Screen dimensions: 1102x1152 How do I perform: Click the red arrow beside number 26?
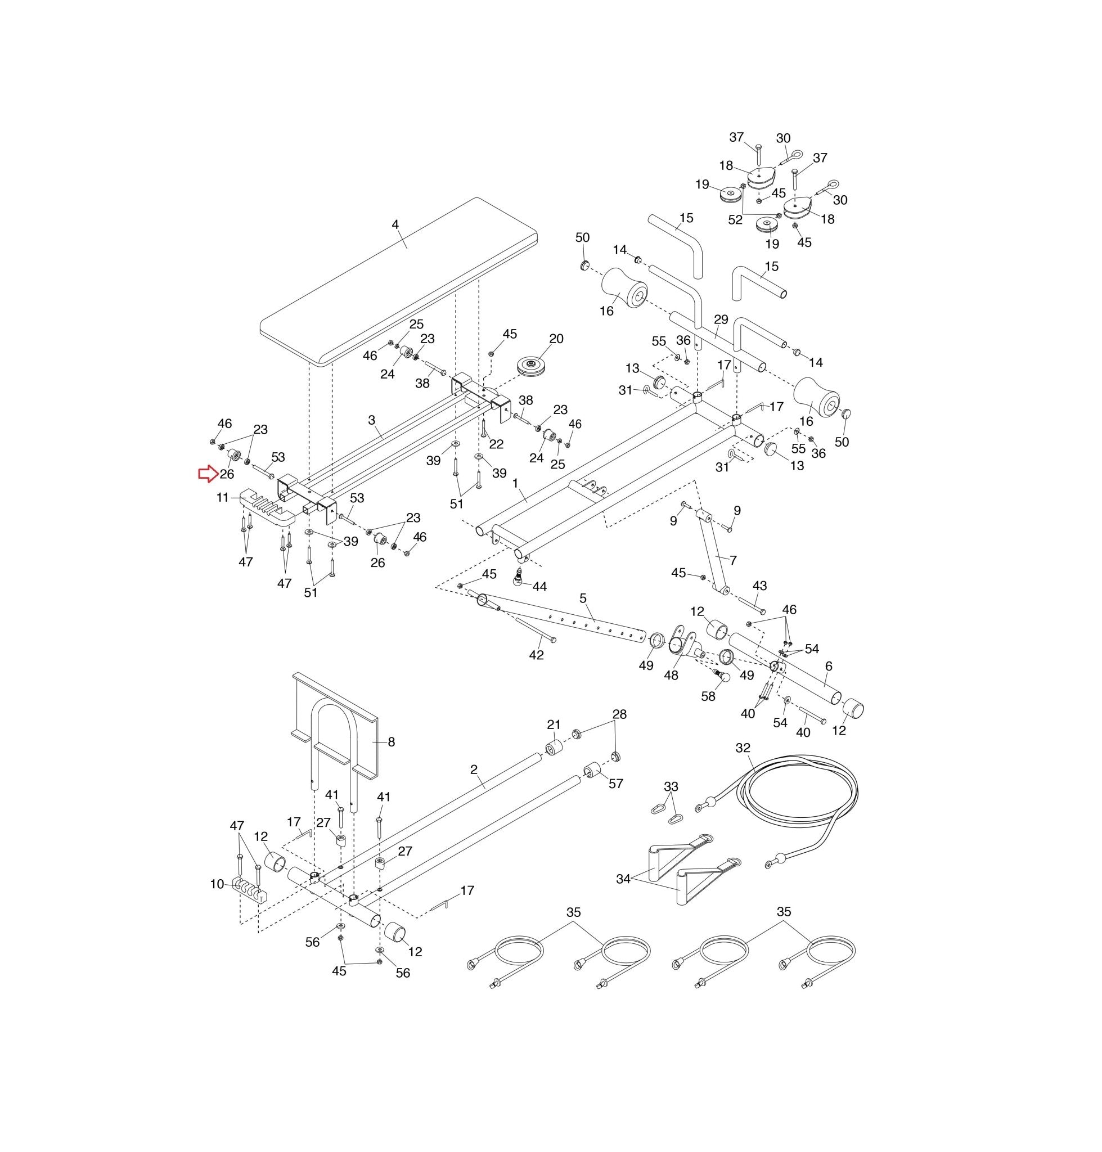[x=208, y=474]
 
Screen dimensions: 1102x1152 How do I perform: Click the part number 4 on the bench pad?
[x=395, y=224]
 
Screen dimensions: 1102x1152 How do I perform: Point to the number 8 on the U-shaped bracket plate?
[x=391, y=742]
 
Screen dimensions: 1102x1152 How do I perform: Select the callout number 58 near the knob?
[x=708, y=696]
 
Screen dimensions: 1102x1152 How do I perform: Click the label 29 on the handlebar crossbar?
[x=721, y=319]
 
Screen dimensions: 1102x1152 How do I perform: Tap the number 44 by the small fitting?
[x=539, y=586]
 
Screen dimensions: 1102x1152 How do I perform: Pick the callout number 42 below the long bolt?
[x=536, y=655]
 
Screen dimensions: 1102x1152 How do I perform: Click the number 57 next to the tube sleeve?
[x=615, y=784]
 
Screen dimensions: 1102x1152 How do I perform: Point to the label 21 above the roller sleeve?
[x=554, y=725]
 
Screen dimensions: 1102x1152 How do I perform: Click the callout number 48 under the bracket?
[x=671, y=676]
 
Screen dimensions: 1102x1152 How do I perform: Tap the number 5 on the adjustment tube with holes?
[x=583, y=598]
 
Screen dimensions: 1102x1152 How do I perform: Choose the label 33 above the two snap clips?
[x=671, y=786]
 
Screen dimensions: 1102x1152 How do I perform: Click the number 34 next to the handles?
[x=623, y=879]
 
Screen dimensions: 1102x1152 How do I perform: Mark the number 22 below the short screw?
[x=496, y=444]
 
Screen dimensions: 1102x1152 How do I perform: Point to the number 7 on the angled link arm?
[x=733, y=560]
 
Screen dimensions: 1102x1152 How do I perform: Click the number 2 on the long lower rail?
[x=474, y=769]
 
